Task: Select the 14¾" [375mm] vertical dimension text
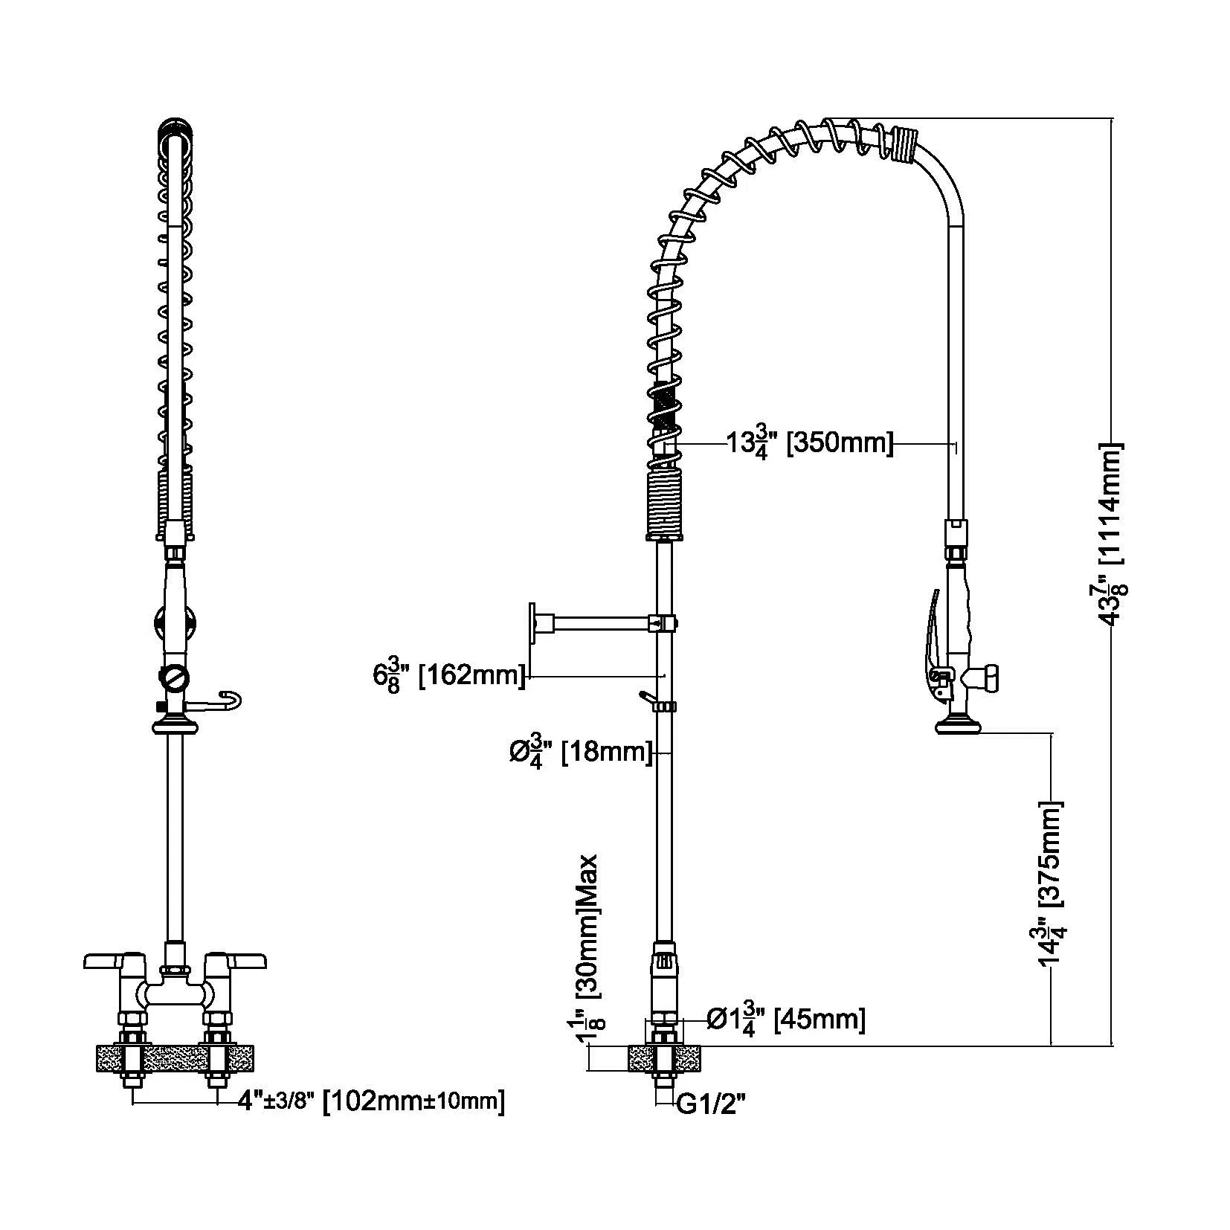click(1051, 883)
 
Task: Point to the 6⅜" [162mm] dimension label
click(448, 676)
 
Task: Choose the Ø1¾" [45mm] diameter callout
click(785, 1019)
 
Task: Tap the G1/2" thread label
click(710, 1106)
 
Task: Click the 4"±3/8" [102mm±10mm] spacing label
click(370, 1101)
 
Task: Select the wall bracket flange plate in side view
click(533, 622)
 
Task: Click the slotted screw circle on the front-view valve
click(174, 677)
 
